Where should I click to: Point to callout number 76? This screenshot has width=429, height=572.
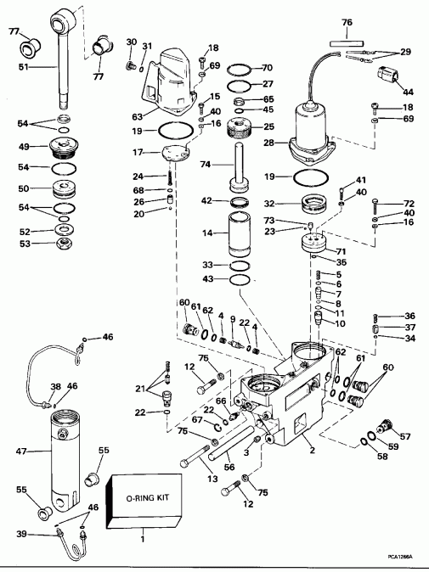[x=347, y=23]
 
